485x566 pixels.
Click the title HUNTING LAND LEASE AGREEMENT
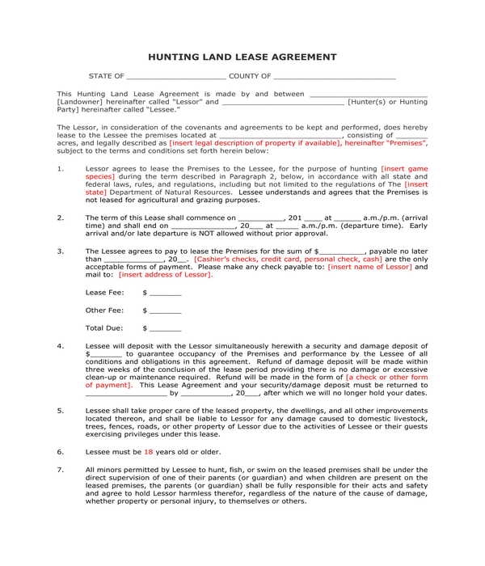pos(242,57)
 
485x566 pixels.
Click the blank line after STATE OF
pos(175,78)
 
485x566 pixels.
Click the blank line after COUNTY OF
pos(334,78)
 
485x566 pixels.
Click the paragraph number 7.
pos(61,469)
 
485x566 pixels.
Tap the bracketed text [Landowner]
pos(80,103)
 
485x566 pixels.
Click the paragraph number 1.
pos(61,168)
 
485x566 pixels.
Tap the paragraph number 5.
pos(61,411)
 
